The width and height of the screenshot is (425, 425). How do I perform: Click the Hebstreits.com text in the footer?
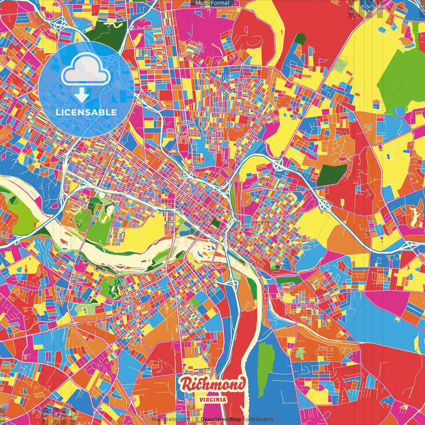coord(170,419)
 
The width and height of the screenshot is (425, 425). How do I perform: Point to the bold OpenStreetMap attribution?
coord(221,419)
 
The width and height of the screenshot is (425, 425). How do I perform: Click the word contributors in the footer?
coord(258,419)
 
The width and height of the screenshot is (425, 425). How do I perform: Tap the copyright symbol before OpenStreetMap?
coord(197,419)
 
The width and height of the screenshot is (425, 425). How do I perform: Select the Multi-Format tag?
coord(212,3)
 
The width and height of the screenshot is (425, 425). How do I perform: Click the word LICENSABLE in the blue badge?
coord(86,112)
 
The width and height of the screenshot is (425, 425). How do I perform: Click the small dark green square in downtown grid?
coord(216,223)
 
